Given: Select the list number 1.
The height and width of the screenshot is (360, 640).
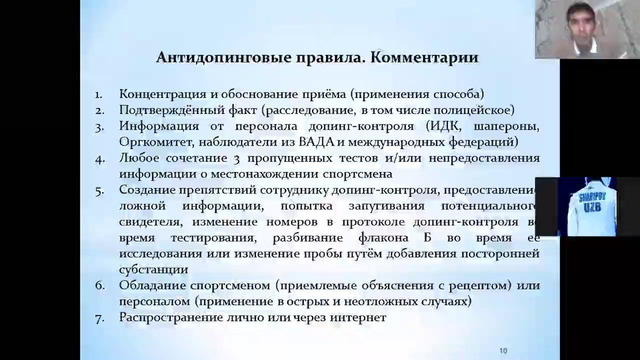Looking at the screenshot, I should tap(99, 93).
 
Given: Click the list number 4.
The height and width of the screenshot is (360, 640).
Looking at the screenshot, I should tap(99, 157).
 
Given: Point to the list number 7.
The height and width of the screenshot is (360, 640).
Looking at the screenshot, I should tap(99, 317).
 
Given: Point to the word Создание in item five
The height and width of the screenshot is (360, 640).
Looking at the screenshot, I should tap(148, 189).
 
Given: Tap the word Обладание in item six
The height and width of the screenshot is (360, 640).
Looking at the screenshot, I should tap(153, 285).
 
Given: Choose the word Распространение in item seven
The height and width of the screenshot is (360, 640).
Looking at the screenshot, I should tap(173, 317).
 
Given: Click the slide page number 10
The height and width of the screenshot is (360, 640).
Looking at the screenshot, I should tap(503, 349).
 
